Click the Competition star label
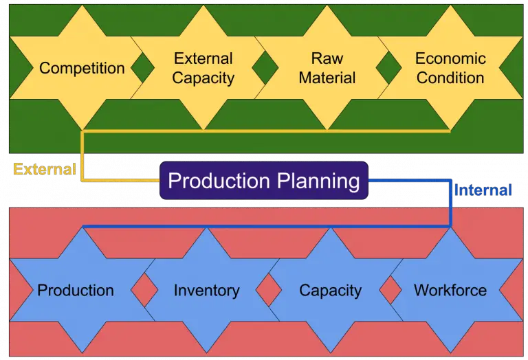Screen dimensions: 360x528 point(82,68)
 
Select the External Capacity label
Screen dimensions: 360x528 point(203,68)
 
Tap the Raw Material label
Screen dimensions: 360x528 point(327,68)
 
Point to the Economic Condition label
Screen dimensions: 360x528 point(450,68)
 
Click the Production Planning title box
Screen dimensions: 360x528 point(264,181)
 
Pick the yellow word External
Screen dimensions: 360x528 point(44,169)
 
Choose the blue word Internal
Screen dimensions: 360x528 point(483,190)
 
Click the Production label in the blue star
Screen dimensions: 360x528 point(76,290)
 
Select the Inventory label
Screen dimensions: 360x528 point(206,290)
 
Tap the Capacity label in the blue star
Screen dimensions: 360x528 point(330,290)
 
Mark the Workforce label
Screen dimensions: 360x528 point(450,290)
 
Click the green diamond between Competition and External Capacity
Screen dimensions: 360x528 point(143,69)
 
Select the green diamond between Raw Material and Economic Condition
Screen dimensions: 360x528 point(389,69)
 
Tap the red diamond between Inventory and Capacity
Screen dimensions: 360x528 point(268,291)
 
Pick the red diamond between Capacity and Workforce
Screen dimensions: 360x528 point(390,291)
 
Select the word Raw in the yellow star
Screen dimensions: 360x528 point(327,58)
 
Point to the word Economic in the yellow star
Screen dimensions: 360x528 point(450,58)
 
